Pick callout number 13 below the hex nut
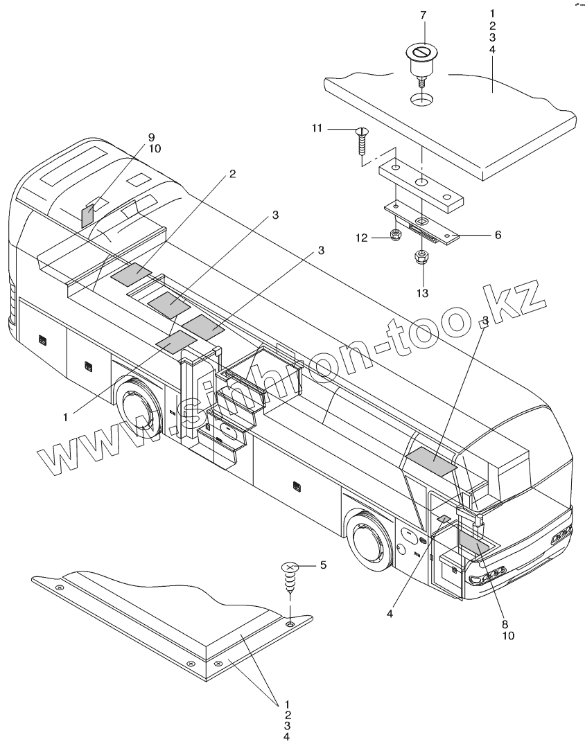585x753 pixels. [423, 293]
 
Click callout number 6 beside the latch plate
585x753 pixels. [497, 235]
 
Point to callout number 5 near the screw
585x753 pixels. [321, 565]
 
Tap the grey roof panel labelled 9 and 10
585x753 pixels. [87, 216]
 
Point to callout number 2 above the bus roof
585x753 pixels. [232, 174]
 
